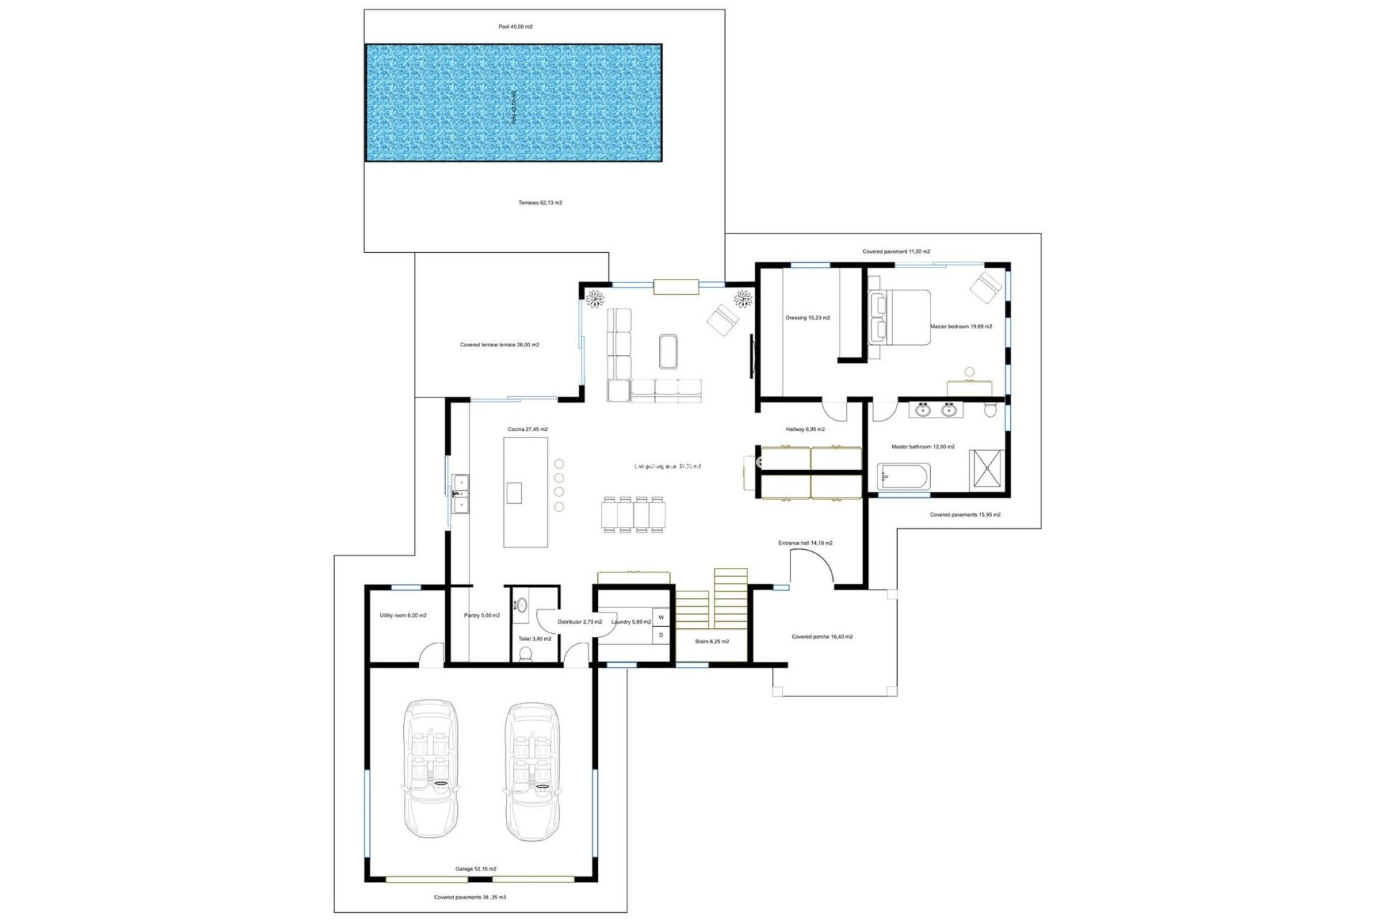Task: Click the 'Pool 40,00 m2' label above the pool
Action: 515,27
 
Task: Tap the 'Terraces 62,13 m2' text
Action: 540,203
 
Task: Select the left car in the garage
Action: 430,769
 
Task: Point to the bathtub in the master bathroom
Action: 903,476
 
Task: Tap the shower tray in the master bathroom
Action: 990,469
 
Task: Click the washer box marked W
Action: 661,617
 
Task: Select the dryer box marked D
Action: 661,635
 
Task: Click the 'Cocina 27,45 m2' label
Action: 528,429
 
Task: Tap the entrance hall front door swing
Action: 812,566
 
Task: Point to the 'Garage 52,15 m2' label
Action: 475,869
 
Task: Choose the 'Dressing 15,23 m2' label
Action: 807,318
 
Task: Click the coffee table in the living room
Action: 668,351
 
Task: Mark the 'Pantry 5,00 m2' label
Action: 482,615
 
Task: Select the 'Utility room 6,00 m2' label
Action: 402,615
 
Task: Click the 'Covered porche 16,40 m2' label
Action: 822,637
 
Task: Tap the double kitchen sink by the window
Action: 460,494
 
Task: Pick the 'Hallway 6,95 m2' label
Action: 805,429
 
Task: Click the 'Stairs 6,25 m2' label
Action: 712,641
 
